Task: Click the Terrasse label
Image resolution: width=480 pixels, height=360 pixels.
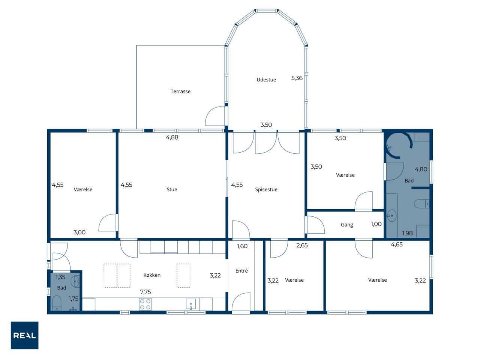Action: pos(180,91)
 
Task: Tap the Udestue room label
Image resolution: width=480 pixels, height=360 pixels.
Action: pos(266,79)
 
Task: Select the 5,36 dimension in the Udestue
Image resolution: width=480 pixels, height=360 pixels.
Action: pos(297,78)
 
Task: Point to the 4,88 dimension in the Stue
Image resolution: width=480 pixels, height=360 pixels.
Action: pos(172,137)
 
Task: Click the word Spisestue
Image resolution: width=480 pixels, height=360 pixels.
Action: pos(266,189)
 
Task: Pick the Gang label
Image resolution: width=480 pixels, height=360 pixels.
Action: pos(346,225)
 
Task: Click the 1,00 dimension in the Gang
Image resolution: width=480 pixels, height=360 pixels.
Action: pos(376,224)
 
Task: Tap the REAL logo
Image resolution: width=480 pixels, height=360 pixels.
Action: pos(24,335)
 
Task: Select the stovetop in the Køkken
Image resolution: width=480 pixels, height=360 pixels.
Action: pos(145,304)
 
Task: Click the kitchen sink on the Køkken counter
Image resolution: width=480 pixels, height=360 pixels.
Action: pos(191,304)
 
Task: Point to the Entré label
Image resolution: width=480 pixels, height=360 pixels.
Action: pos(241,271)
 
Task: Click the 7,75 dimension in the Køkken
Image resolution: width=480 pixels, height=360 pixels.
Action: pos(145,292)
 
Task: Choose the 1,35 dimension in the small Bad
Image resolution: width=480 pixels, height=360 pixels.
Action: pos(60,277)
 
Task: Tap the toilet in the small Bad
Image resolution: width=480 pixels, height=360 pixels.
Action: pos(57,303)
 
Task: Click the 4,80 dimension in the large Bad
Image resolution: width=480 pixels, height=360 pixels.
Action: pos(421,169)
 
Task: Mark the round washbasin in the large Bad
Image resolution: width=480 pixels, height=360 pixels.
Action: pos(391,216)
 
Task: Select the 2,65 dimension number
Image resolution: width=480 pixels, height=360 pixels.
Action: pos(302,245)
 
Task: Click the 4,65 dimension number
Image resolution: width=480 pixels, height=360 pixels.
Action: pos(396,244)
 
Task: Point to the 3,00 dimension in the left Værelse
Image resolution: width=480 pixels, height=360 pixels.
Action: pos(79,232)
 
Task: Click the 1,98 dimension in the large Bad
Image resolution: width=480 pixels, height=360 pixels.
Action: pos(407,233)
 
